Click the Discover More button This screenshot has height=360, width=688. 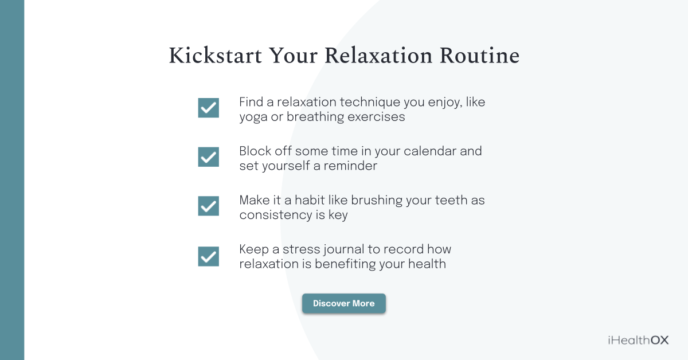(x=344, y=303)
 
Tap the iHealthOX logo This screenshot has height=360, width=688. (x=638, y=340)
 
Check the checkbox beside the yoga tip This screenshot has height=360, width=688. (x=208, y=107)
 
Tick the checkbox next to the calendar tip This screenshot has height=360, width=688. (x=208, y=156)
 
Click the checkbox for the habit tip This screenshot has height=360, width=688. (x=208, y=205)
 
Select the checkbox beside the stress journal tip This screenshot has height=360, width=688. (x=208, y=256)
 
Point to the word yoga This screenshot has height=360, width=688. (x=253, y=118)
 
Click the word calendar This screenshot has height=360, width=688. (x=423, y=151)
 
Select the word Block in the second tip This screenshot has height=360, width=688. (x=255, y=151)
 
